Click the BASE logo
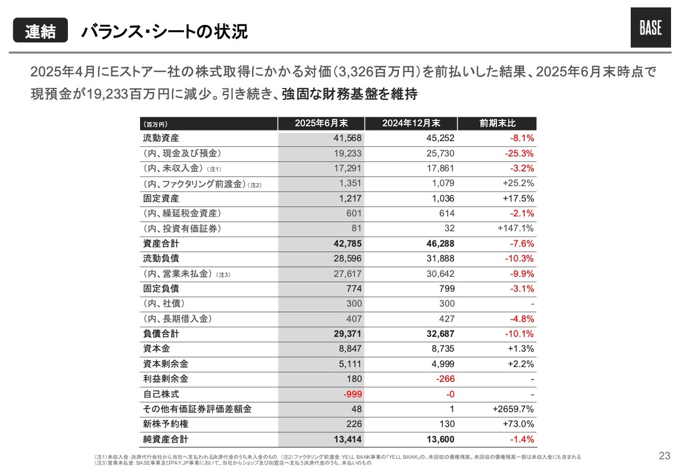(x=650, y=28)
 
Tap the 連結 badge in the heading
(x=40, y=30)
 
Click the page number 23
(x=665, y=456)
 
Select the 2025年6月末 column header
(x=321, y=123)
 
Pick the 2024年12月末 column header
(x=411, y=123)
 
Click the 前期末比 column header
(x=497, y=123)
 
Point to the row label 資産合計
(x=161, y=243)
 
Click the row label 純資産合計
(x=166, y=439)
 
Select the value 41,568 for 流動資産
(x=347, y=138)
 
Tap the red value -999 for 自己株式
(x=353, y=394)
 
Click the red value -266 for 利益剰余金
(x=445, y=379)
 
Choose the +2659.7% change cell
(x=513, y=409)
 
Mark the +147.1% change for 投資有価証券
(x=515, y=228)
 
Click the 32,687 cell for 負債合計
(x=440, y=334)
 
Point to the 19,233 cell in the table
(x=347, y=153)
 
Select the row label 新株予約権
(x=166, y=424)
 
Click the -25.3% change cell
(x=519, y=153)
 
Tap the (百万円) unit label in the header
(x=155, y=124)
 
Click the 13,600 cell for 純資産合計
(x=440, y=439)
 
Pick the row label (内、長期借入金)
(x=177, y=319)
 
